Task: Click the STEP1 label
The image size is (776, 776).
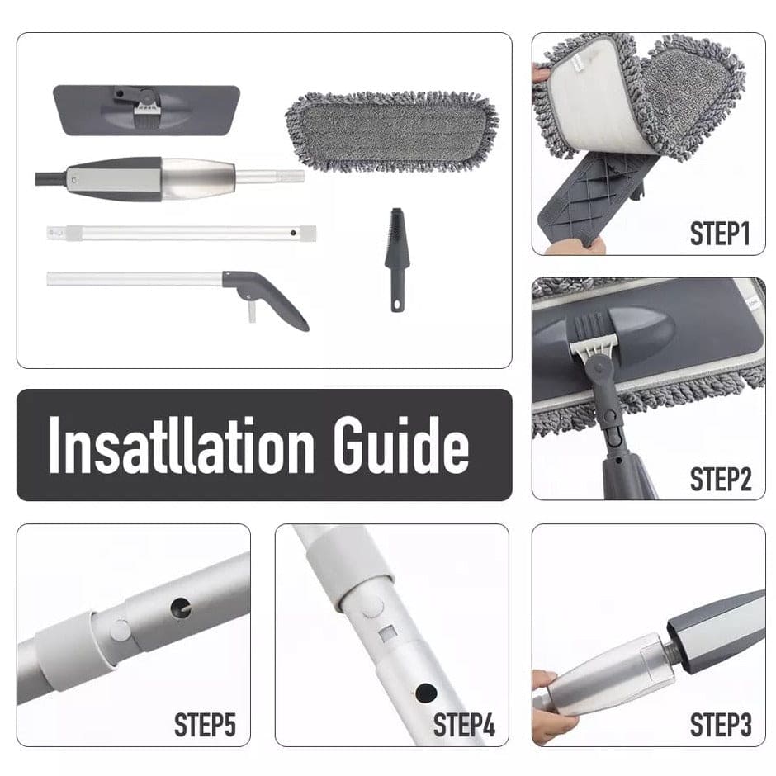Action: tap(720, 234)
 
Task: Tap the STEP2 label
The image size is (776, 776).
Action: tap(721, 479)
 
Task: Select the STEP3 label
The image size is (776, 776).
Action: tap(721, 725)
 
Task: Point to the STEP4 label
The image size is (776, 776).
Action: tap(464, 725)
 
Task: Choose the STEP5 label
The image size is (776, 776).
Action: tap(205, 725)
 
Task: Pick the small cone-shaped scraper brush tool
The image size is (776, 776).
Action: tap(397, 259)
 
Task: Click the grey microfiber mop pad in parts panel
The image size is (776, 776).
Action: tap(391, 131)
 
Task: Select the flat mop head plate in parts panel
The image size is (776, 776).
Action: tap(146, 110)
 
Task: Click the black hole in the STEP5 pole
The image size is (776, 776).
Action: tap(181, 608)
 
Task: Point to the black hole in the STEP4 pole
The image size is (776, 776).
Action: tap(426, 693)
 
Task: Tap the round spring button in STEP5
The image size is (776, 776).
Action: tap(120, 630)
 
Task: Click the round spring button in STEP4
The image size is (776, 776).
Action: tap(372, 606)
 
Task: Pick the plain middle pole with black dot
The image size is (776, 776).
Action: tap(182, 233)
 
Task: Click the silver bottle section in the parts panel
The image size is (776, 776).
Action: tap(198, 178)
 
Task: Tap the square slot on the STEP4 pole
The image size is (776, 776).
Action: tap(387, 633)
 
